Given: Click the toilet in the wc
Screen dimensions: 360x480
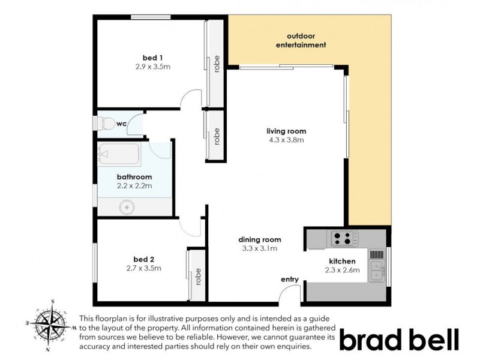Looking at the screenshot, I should [107, 124].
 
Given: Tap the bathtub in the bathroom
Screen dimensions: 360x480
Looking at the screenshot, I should [119, 155].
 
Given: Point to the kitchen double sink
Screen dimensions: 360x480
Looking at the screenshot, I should [377, 268].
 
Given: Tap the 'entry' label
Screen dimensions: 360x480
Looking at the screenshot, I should [290, 279].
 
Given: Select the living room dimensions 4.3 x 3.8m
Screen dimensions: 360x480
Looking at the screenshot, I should [287, 140].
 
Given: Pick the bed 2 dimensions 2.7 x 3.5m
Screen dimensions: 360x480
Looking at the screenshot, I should [143, 268].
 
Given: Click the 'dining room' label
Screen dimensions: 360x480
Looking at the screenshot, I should [260, 239].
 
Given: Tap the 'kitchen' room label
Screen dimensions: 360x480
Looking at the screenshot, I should [343, 261].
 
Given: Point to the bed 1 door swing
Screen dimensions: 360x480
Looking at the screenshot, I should [191, 99].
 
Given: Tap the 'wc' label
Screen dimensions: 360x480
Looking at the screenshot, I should [121, 124].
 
